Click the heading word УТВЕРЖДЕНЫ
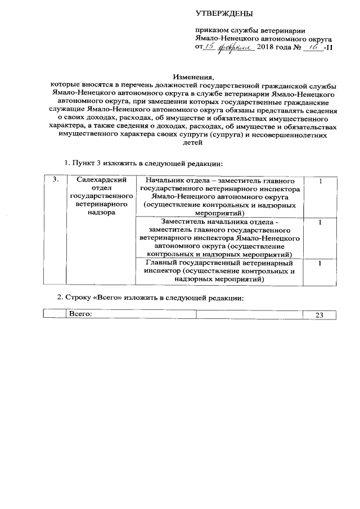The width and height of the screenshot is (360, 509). pos(224,13)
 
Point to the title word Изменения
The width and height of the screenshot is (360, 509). pos(194,76)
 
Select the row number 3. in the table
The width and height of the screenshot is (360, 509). pos(55,180)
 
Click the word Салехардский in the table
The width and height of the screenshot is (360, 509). pos(100,180)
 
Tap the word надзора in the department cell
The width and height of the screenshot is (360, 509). pos(100,213)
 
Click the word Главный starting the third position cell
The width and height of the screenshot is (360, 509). pos(161,263)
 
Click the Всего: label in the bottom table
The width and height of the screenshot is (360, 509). pos(79,315)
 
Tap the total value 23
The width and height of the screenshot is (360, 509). pos(319,316)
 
